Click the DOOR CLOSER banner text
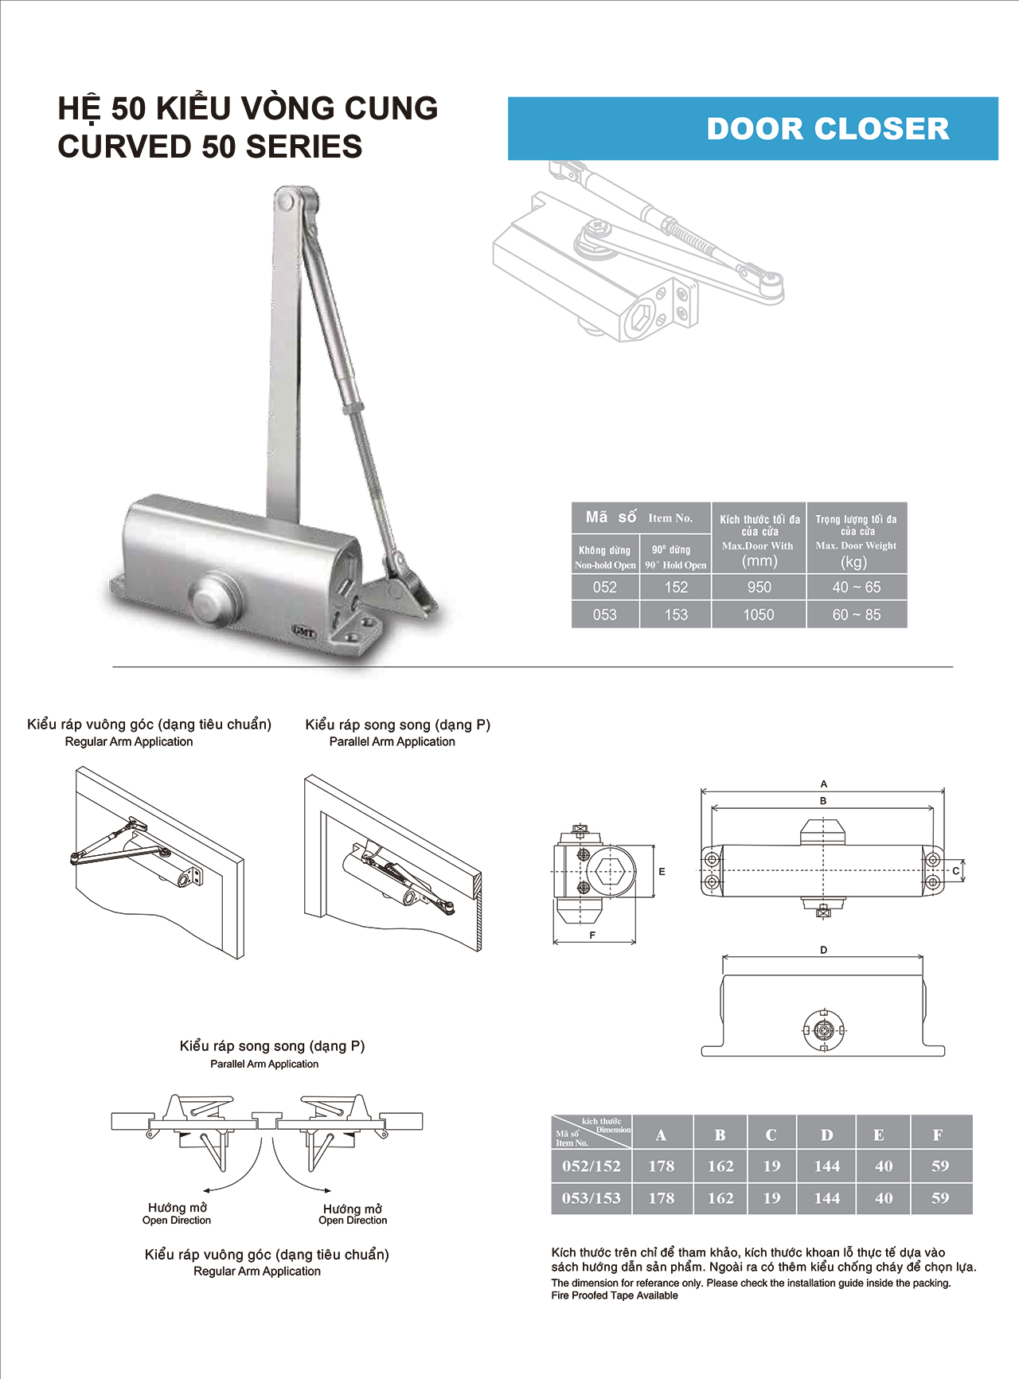pos(828,129)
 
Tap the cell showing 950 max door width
pos(759,588)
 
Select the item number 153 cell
pos(676,615)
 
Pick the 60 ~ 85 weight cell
pos(857,615)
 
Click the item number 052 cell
pos(605,588)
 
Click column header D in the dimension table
pos(826,1135)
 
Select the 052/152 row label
pos(591,1166)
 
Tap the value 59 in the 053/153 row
pos(940,1198)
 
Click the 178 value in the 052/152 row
pos(661,1166)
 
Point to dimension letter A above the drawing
pos(823,784)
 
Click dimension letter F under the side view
pos(592,936)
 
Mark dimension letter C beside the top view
pos(956,871)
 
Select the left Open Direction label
pos(177,1221)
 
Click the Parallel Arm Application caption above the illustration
pos(392,742)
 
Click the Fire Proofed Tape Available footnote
pos(615,1295)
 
